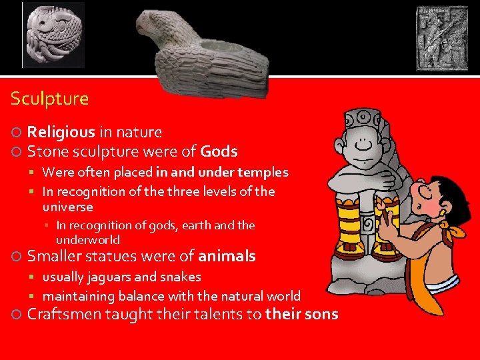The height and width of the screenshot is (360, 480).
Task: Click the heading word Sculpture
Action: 49,99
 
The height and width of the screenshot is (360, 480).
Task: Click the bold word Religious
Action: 61,133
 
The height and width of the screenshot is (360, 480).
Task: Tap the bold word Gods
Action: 219,151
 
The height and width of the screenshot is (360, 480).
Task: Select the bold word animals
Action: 227,256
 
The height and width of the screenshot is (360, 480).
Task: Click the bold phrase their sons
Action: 301,314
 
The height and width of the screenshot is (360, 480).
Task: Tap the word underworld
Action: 88,240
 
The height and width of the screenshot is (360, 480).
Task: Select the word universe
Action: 67,207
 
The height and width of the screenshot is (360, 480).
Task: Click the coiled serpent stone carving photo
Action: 54,35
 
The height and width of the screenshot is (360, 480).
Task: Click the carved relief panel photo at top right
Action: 442,38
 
